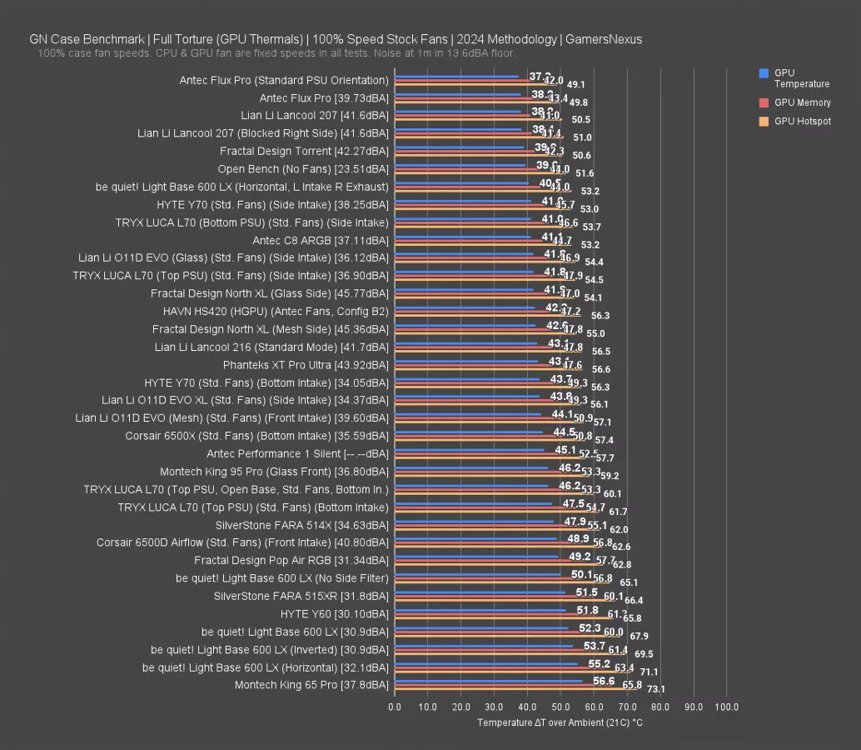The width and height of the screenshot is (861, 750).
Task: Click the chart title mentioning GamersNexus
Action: click(x=336, y=39)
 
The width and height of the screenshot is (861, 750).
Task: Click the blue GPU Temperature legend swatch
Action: click(x=764, y=73)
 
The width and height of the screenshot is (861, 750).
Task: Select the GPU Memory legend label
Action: click(x=802, y=102)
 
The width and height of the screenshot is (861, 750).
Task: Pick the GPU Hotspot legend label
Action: click(x=802, y=122)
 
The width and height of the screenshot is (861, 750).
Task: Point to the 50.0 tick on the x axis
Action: click(x=560, y=707)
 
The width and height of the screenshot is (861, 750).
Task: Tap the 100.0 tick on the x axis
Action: click(x=726, y=707)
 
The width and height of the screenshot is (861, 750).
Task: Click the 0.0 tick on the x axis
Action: click(x=395, y=707)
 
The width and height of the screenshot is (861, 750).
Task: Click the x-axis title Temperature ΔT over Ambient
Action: click(x=560, y=722)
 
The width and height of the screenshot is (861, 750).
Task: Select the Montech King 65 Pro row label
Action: click(x=311, y=685)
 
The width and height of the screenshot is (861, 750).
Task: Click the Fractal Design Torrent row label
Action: click(x=304, y=152)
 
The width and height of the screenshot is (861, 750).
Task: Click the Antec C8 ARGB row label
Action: click(x=320, y=241)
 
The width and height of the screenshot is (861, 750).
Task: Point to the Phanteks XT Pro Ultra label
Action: click(x=306, y=365)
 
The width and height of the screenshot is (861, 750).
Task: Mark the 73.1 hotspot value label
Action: click(x=656, y=689)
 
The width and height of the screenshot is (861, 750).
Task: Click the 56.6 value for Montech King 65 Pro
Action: click(x=605, y=681)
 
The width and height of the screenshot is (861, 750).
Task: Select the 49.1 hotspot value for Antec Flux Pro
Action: click(x=575, y=85)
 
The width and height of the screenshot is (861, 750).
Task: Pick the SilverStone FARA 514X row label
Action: click(x=301, y=525)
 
